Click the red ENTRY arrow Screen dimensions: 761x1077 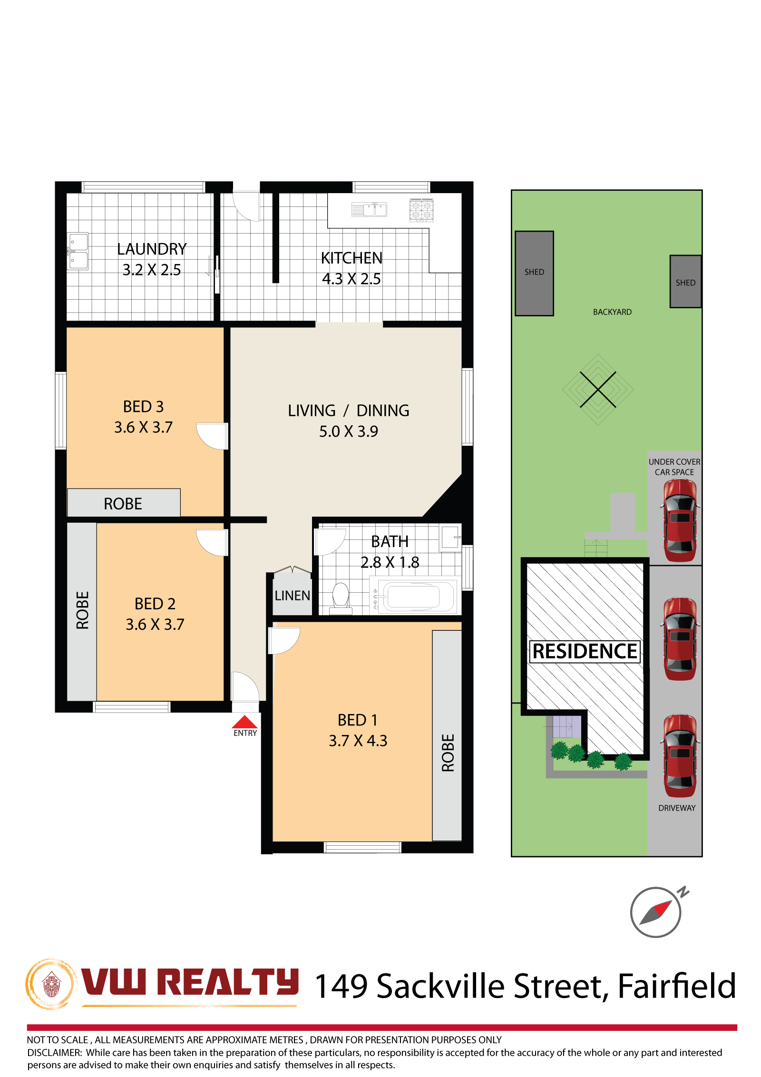[x=244, y=722]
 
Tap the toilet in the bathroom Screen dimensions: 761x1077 [x=341, y=597]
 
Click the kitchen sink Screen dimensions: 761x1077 [x=369, y=209]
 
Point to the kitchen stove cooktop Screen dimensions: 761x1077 [x=421, y=210]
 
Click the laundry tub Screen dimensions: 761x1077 [x=78, y=251]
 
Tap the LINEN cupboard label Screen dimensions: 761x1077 [x=292, y=596]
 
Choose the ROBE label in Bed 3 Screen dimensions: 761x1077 [x=123, y=504]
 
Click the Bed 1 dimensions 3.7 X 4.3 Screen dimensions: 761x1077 [x=358, y=741]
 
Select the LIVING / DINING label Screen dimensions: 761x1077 [x=348, y=411]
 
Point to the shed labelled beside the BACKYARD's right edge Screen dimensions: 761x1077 [x=685, y=282]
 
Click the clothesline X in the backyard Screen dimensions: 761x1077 [x=598, y=390]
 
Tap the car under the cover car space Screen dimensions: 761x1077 [x=680, y=520]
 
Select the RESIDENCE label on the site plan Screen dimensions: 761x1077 [x=585, y=651]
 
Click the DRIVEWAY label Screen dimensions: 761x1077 [x=677, y=808]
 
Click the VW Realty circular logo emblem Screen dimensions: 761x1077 [x=51, y=984]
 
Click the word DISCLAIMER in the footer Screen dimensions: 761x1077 [x=54, y=1052]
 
